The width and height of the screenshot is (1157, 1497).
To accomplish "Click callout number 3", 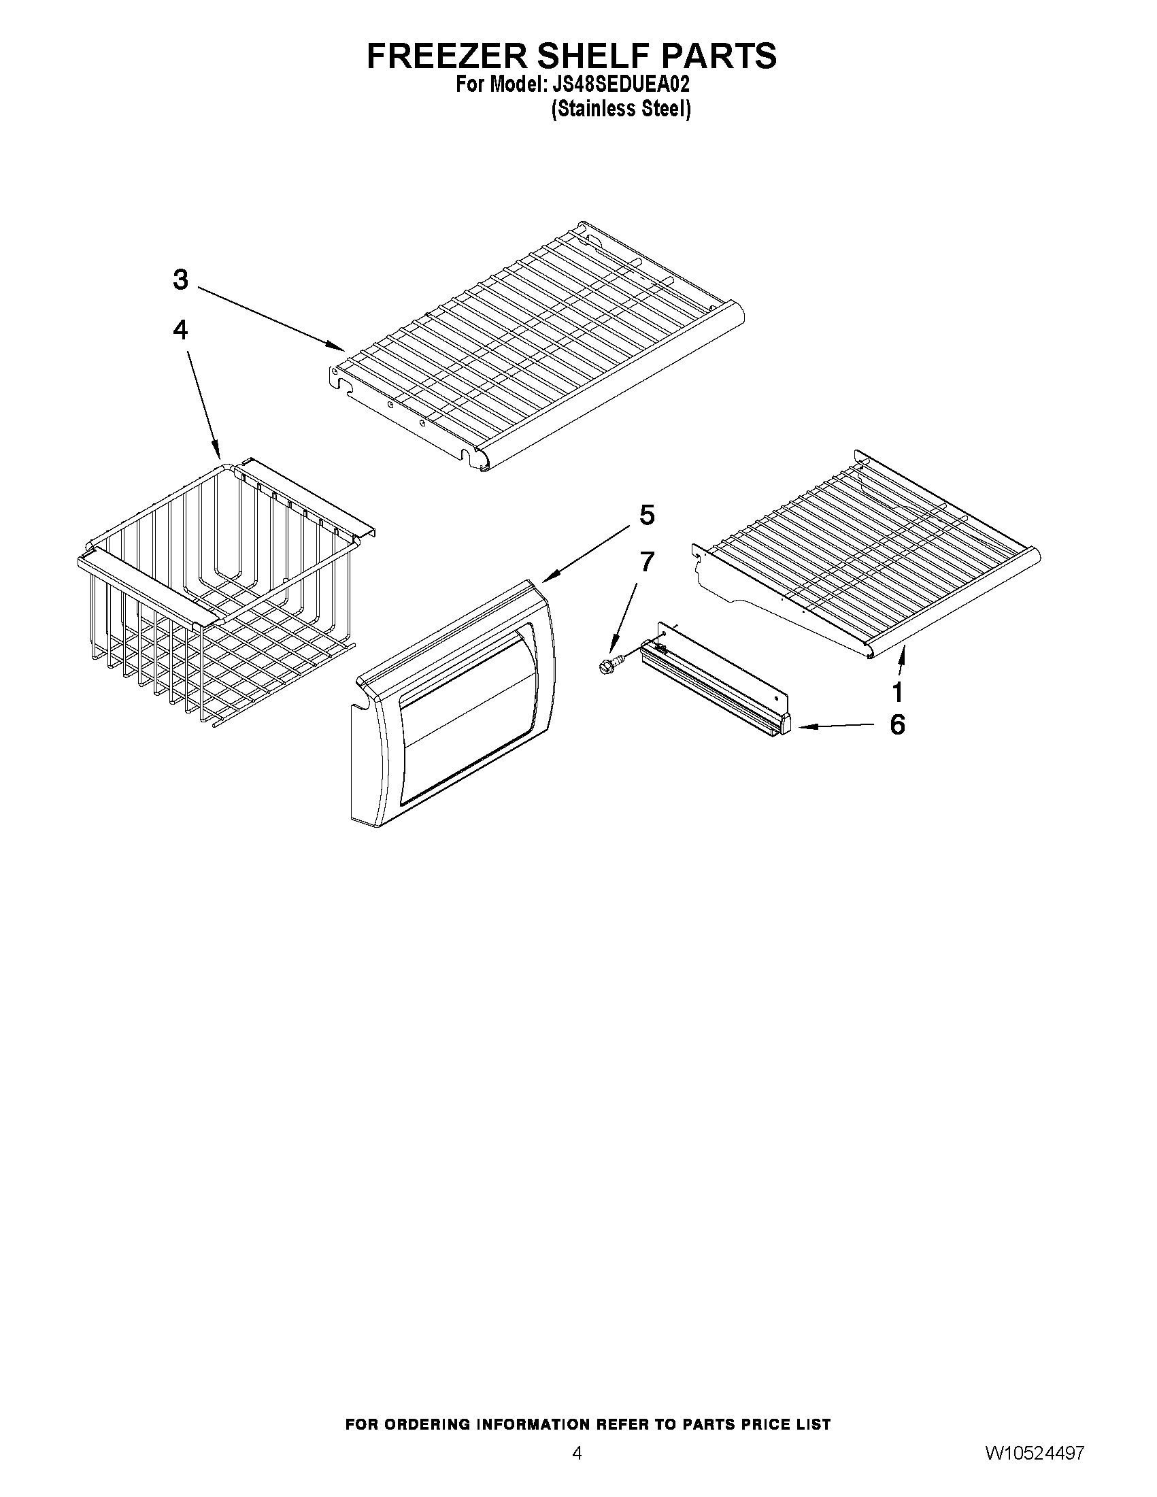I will click(x=180, y=280).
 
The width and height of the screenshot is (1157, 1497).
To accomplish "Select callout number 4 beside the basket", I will click(x=180, y=331).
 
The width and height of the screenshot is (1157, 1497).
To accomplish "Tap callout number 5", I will click(x=647, y=515).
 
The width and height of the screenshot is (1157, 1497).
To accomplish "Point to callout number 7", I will click(x=646, y=561).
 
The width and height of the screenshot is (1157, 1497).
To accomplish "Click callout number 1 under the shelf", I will click(x=897, y=692).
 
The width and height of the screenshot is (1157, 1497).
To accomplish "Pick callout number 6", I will click(x=897, y=724).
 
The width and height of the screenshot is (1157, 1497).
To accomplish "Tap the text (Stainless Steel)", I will click(x=621, y=109).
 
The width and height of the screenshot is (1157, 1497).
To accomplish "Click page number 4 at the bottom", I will click(x=577, y=1470).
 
